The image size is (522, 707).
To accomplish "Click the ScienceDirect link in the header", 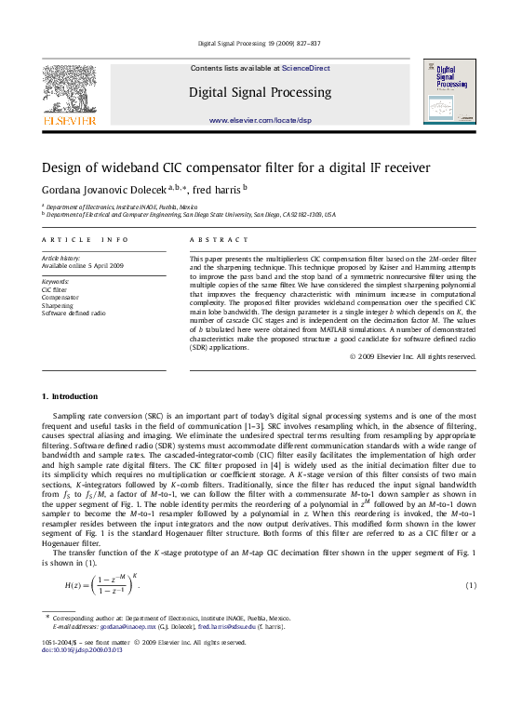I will pyautogui.click(x=306, y=68).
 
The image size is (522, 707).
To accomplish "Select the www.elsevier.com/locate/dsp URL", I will pyautogui.click(x=261, y=121).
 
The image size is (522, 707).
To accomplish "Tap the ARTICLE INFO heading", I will pyautogui.click(x=75, y=240).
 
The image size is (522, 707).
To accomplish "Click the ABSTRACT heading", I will pyautogui.click(x=211, y=240).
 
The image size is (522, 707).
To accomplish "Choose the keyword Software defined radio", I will pyautogui.click(x=74, y=313).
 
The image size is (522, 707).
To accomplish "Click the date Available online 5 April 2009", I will pyautogui.click(x=82, y=265).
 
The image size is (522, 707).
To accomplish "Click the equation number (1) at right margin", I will pyautogui.click(x=471, y=585).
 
